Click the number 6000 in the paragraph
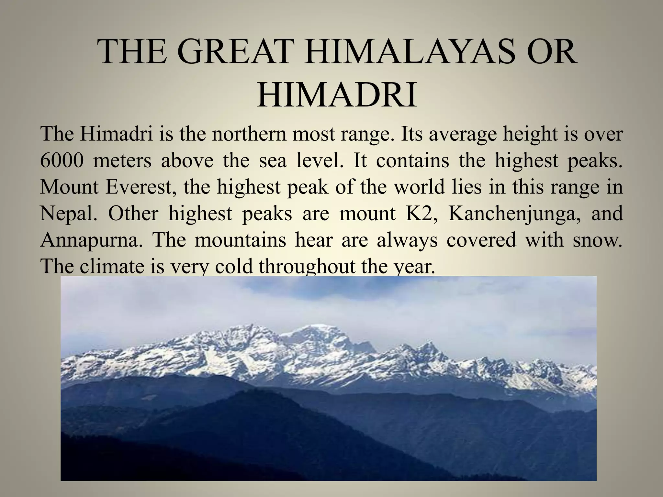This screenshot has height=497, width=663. pyautogui.click(x=62, y=161)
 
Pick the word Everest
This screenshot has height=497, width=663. pyautogui.click(x=139, y=187)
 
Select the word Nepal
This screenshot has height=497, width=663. pyautogui.click(x=68, y=214)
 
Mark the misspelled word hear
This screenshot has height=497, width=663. pyautogui.click(x=314, y=240)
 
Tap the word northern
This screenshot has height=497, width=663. pyautogui.click(x=249, y=135)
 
